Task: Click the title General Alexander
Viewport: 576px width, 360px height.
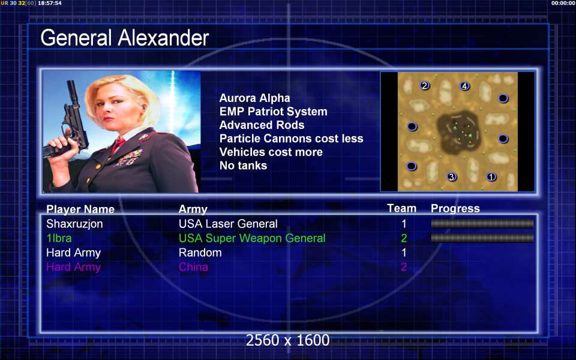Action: [x=125, y=38]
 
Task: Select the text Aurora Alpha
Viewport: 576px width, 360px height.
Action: [x=254, y=98]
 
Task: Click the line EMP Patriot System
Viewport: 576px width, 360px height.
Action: [x=274, y=112]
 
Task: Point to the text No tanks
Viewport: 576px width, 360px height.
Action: [x=243, y=166]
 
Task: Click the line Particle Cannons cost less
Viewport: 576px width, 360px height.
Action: [x=292, y=139]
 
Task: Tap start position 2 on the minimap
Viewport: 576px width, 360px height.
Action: [x=425, y=86]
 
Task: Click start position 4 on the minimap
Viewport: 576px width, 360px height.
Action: [x=464, y=86]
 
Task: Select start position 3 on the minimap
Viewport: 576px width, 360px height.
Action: [x=451, y=176]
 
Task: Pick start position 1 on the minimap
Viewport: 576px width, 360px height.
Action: [x=491, y=176]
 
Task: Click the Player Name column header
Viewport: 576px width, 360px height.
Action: [x=80, y=209]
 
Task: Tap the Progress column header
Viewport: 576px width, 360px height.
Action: [x=455, y=208]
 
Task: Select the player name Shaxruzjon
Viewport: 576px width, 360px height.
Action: [x=74, y=224]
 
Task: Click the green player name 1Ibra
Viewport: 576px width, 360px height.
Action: [x=59, y=238]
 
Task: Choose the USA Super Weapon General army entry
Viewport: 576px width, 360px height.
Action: [x=252, y=238]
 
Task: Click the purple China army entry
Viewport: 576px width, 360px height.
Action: [x=193, y=266]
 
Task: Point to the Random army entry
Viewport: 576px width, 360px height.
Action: [x=200, y=253]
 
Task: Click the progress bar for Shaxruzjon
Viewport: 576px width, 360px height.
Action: [x=482, y=224]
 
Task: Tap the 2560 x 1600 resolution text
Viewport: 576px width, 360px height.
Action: [x=287, y=340]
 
